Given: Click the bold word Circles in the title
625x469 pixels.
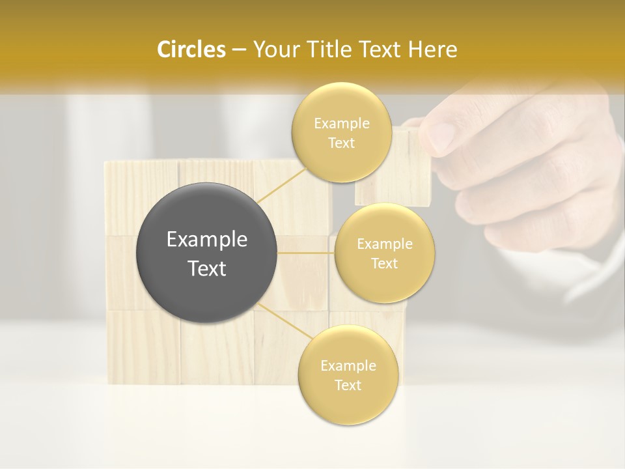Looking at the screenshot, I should click(x=191, y=50).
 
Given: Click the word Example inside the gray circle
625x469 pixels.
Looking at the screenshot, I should click(x=207, y=240).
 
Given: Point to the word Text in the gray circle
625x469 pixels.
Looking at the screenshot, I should click(x=207, y=268).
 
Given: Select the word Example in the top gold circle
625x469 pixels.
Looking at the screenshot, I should click(x=341, y=123).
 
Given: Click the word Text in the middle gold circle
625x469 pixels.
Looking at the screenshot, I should click(x=384, y=263).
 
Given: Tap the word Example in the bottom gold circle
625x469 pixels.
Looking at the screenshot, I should click(x=348, y=365).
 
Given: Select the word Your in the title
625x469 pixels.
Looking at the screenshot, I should click(x=274, y=50).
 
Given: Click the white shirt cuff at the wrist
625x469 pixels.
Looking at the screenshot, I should click(x=586, y=274).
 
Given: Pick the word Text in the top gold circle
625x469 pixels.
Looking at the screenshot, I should click(x=341, y=143).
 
